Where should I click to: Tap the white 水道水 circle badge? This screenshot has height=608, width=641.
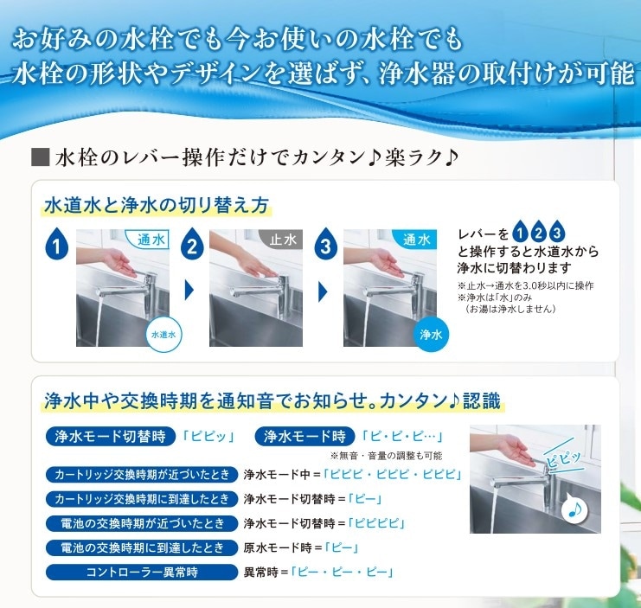tap(163, 334)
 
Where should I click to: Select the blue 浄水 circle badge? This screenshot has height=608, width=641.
tap(431, 335)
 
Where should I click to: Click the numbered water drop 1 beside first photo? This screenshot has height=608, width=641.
tap(56, 244)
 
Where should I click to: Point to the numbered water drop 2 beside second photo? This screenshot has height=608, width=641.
tap(192, 244)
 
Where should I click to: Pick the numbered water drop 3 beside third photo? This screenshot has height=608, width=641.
tap(325, 244)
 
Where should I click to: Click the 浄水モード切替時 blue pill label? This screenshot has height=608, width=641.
tap(111, 437)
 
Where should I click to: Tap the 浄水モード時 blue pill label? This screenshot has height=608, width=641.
tap(305, 437)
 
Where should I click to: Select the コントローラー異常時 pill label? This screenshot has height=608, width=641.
tap(142, 572)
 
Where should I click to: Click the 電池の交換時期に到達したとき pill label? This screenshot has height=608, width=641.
tap(142, 547)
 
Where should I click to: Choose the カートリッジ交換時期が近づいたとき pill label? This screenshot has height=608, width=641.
tap(142, 475)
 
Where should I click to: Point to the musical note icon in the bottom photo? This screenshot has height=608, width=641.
tap(574, 509)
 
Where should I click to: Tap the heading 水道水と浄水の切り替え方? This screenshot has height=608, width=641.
tap(157, 205)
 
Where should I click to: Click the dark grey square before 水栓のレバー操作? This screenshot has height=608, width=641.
tap(40, 157)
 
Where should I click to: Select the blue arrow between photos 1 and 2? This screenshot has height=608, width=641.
tap(189, 291)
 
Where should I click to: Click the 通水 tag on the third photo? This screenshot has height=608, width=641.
tap(416, 239)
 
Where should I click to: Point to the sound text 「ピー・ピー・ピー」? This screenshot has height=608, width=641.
tap(342, 572)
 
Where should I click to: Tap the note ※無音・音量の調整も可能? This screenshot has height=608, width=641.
tap(387, 456)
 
